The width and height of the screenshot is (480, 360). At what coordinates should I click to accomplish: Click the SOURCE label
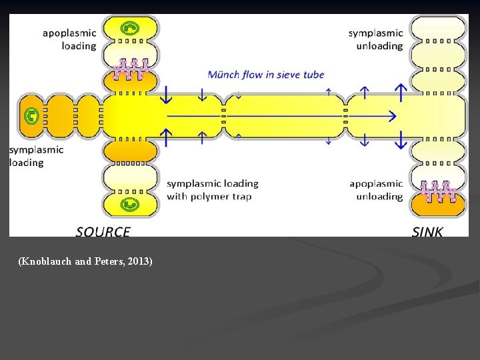103,232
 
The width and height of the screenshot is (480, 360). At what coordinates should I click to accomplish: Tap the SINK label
427,232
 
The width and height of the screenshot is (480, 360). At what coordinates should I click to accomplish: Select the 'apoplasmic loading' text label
69,39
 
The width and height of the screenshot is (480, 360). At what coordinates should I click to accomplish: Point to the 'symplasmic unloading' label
375,39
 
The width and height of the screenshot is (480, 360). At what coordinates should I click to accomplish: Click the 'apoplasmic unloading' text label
376,190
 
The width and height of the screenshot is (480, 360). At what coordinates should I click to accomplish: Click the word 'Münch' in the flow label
224,74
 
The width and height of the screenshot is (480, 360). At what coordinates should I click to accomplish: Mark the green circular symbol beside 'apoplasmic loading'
129,29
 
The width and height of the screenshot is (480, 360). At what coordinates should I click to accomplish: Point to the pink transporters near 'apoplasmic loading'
130,69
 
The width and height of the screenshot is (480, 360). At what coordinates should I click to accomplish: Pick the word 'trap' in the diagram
241,196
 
